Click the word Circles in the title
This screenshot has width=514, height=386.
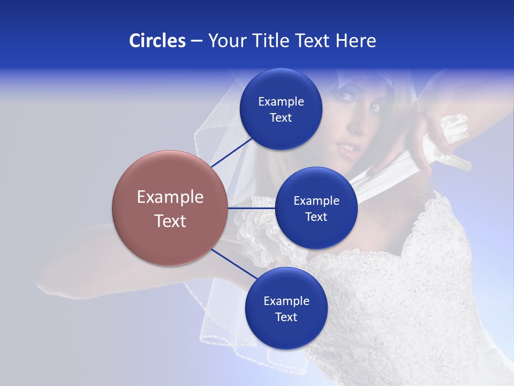(x=157, y=40)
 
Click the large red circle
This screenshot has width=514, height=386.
(x=170, y=208)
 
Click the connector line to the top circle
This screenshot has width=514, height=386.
(x=231, y=152)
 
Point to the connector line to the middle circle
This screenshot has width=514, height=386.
(x=252, y=208)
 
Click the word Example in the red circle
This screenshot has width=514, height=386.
(x=170, y=197)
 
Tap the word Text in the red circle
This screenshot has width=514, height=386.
(x=170, y=221)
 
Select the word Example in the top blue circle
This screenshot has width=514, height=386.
(x=281, y=101)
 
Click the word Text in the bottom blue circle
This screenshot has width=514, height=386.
(x=286, y=317)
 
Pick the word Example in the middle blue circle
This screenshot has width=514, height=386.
(x=316, y=201)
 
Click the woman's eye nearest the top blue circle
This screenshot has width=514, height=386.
(x=346, y=96)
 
